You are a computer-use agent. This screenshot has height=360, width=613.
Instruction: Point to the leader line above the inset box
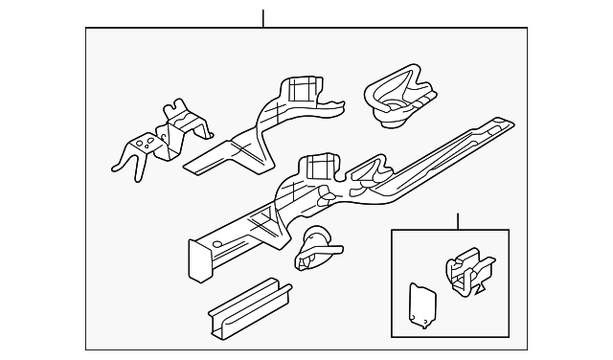coord(458,221)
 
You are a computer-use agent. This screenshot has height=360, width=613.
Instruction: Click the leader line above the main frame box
coord(261,18)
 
